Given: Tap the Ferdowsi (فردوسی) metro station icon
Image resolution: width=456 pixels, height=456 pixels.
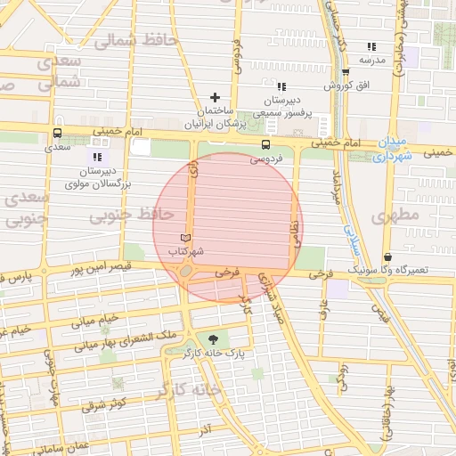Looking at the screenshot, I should tap(265, 144).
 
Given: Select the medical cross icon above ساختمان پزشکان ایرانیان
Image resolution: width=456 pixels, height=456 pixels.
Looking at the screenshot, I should tap(214, 97).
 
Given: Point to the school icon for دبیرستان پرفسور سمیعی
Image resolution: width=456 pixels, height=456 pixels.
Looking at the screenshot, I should tap(281, 86).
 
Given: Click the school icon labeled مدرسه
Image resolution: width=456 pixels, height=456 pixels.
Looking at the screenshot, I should tap(370, 46).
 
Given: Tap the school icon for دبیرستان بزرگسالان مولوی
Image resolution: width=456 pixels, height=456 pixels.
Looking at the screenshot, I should tap(99, 157).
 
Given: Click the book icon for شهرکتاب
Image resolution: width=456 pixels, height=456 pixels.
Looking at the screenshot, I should tap(185, 238).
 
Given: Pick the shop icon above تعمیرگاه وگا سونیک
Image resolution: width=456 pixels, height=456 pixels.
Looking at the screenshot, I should tap(387, 256).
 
